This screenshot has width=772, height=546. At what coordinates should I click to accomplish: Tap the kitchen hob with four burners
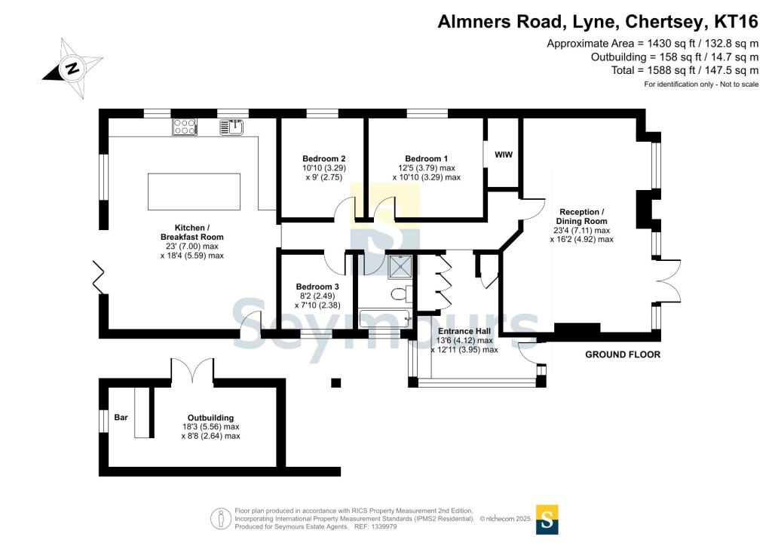click(x=185, y=127)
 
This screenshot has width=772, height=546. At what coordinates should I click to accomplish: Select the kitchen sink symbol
click(x=231, y=127)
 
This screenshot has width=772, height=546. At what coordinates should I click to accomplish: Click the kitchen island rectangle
click(x=194, y=192)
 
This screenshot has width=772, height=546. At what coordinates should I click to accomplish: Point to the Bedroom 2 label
click(x=324, y=158)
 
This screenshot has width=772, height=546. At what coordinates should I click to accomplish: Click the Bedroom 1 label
click(x=427, y=158)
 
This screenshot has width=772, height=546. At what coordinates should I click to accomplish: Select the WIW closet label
click(x=503, y=155)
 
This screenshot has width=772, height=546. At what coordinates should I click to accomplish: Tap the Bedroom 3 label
click(x=317, y=287)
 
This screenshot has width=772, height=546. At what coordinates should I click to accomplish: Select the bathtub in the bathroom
click(x=386, y=318)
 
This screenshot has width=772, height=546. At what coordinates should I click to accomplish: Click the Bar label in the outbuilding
click(x=121, y=418)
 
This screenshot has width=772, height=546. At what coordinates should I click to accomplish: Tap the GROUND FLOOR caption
click(x=623, y=354)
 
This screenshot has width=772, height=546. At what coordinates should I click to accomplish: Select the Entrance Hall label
click(x=464, y=331)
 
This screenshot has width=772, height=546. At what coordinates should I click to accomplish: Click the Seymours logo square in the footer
click(x=547, y=520)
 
